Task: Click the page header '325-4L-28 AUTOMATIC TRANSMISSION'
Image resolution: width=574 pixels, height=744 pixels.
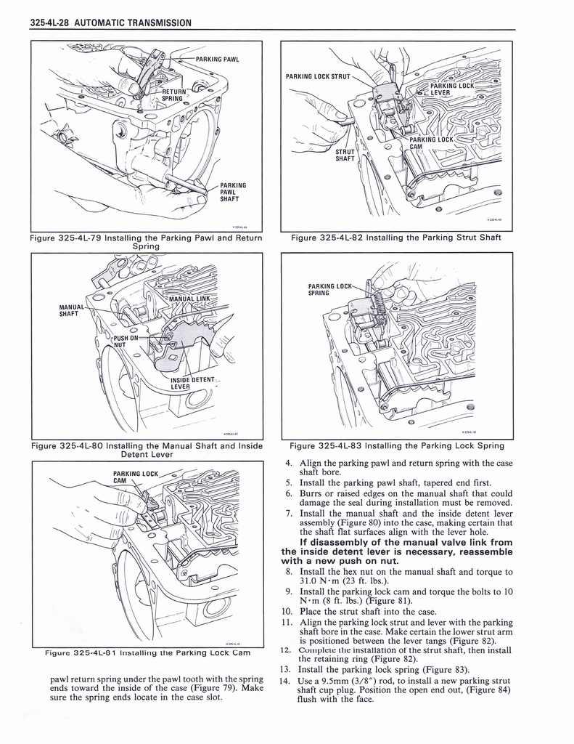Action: (x=111, y=23)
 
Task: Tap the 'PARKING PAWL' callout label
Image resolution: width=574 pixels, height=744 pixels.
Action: (x=217, y=59)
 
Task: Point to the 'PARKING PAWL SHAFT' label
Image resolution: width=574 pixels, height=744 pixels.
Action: (x=233, y=195)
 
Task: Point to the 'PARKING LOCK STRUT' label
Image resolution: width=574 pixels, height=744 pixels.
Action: (x=318, y=76)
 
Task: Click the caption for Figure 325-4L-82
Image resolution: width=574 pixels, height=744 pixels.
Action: (x=396, y=237)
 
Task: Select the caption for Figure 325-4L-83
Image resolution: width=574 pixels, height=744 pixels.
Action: (x=396, y=445)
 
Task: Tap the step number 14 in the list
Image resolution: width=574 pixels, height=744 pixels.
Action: (x=284, y=681)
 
